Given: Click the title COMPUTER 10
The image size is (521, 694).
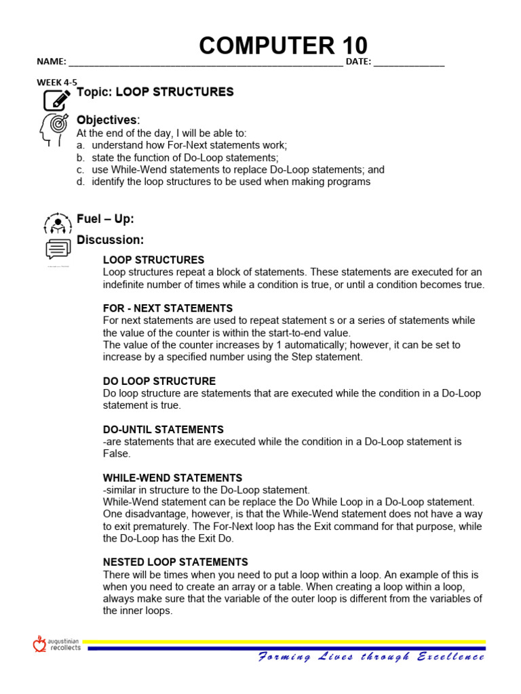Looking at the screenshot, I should (283, 45).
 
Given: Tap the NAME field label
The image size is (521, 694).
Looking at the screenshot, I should (51, 62).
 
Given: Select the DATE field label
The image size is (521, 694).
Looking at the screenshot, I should (358, 62).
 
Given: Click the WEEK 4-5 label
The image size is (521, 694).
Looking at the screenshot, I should (57, 82).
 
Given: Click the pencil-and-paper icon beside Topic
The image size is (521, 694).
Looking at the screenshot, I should (56, 99).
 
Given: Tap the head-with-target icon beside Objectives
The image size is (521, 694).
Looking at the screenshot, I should (54, 127).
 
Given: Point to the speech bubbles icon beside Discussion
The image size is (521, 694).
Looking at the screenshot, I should (58, 249).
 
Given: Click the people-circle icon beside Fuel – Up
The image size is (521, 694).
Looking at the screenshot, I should (58, 223).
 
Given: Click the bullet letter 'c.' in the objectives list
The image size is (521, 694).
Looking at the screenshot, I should (80, 169).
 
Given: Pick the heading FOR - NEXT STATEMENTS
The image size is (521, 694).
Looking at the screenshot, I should (168, 308).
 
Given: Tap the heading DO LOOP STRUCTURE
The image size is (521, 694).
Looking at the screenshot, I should (159, 381).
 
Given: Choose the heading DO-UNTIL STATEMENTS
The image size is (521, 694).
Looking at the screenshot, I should (163, 430).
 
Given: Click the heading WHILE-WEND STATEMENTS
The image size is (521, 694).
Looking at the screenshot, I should (172, 478).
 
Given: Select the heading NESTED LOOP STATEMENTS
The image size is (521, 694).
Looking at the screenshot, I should (175, 562).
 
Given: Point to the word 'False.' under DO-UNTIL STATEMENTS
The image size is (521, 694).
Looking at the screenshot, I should (117, 453).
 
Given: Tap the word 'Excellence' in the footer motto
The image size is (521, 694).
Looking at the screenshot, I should (450, 656).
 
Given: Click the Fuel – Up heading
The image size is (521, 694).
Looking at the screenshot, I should (105, 219).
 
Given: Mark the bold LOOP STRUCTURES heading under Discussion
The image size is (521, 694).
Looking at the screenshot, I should (153, 260).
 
